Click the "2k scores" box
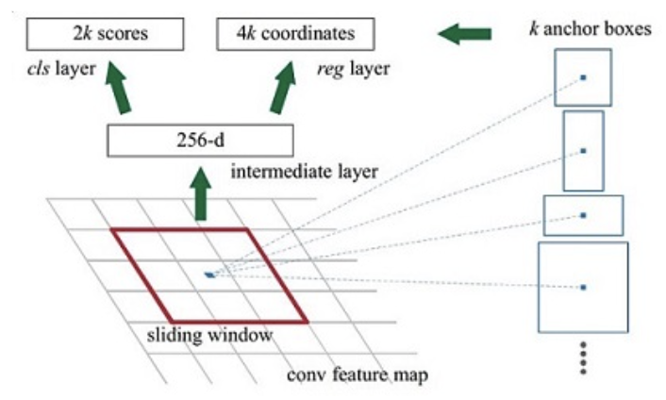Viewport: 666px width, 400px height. [106, 34]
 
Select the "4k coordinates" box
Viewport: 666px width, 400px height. [295, 34]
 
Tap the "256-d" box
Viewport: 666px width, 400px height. [201, 141]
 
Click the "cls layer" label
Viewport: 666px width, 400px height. [61, 68]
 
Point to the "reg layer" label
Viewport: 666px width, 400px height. [354, 69]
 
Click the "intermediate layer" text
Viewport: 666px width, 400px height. [304, 172]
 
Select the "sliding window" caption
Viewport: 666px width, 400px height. [209, 335]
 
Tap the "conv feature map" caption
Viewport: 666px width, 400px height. [358, 375]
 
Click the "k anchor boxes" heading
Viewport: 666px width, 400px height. [590, 29]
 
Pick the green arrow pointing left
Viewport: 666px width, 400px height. [464, 34]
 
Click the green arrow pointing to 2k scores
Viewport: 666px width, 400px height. [118, 88]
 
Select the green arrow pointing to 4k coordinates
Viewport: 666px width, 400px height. [283, 88]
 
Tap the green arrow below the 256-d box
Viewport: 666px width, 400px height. [200, 193]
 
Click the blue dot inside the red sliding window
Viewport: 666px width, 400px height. [209, 275]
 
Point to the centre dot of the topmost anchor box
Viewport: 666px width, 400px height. [583, 77]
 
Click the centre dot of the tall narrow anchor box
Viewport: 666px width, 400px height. [583, 151]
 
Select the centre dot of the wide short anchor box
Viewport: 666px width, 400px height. [583, 215]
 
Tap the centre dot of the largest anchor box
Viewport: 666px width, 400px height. [583, 288]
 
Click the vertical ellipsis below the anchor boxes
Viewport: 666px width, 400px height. [583, 358]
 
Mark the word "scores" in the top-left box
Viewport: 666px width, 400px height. [123, 34]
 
